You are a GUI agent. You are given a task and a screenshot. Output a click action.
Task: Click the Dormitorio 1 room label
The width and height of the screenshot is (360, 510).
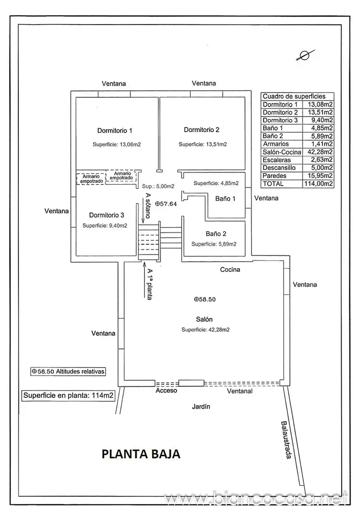(x=115, y=131)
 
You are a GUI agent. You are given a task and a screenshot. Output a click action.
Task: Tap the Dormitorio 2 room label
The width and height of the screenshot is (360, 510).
(x=201, y=130)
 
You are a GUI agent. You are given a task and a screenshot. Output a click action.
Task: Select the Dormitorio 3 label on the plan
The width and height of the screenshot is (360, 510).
(x=107, y=215)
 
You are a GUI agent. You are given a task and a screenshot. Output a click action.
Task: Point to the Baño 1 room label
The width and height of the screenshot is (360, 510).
(x=225, y=198)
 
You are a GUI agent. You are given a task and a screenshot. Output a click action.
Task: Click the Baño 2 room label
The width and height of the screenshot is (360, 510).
(x=216, y=234)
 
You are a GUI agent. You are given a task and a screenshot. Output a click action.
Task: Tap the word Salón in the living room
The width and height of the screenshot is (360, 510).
(x=204, y=319)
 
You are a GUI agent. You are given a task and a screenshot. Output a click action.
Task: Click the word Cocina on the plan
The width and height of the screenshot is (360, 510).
(x=230, y=269)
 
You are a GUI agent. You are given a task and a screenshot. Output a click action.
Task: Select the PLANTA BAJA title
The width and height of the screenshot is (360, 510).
(x=141, y=454)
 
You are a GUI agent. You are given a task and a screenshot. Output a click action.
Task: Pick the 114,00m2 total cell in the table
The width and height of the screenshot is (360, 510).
(x=318, y=184)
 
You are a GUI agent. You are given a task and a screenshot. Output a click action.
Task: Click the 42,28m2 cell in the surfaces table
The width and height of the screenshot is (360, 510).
(x=320, y=152)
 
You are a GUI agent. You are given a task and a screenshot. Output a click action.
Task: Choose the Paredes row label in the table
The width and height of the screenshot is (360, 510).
(x=275, y=176)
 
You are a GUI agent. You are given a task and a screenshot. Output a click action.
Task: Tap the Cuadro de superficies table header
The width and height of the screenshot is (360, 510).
(x=294, y=96)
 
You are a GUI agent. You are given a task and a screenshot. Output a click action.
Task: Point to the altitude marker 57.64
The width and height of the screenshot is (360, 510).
(x=166, y=204)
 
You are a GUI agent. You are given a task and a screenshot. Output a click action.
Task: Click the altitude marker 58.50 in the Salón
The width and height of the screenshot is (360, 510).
(x=205, y=299)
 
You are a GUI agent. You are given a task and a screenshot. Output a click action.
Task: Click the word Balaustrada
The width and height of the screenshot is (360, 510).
(x=286, y=440)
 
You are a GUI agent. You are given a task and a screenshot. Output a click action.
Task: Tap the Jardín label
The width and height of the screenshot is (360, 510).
(x=201, y=407)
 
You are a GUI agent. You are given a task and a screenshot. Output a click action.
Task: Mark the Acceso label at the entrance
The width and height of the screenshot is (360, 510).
(x=167, y=391)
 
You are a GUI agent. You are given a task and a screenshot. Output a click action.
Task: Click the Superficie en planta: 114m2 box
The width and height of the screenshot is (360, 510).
(x=68, y=396)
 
